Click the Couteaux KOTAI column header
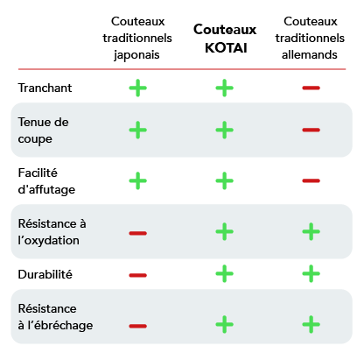point(225,39)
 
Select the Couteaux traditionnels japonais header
point(137,39)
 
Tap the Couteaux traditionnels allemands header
point(310,38)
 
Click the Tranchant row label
point(45,88)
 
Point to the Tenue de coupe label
point(43,131)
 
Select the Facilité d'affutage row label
point(46,181)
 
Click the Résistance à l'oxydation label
point(52,232)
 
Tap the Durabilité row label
point(45,274)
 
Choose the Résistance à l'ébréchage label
point(55,317)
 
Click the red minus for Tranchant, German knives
point(311,88)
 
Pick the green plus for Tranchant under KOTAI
point(225,88)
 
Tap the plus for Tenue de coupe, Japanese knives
point(138,130)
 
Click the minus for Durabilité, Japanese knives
point(138,275)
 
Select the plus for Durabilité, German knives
point(311,273)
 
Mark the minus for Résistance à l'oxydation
point(138,233)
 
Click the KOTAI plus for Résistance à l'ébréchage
point(225,324)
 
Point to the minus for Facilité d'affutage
point(311,180)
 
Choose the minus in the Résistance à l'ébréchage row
point(138,326)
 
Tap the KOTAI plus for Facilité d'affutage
point(225,180)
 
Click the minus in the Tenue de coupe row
point(311,130)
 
